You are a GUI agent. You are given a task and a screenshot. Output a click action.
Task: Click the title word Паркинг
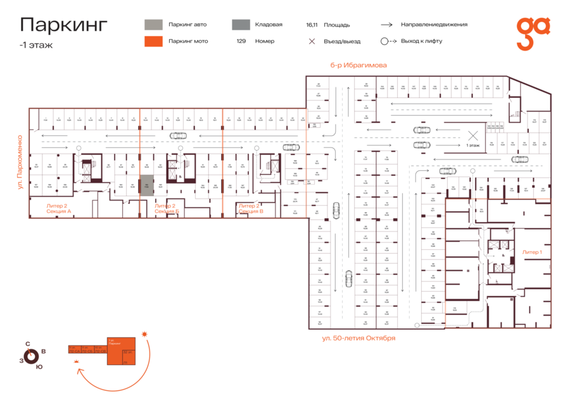[x=63, y=25]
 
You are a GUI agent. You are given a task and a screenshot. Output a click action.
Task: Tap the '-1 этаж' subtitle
[x=35, y=45]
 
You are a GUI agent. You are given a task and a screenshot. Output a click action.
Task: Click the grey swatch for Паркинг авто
[x=153, y=25]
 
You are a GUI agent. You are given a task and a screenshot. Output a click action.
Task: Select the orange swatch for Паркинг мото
[x=153, y=41]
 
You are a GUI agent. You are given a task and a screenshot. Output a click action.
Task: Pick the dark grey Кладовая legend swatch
[x=240, y=25]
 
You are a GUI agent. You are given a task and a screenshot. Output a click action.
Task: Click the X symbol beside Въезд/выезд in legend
[x=311, y=42]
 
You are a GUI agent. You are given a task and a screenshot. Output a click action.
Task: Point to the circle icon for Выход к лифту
[x=384, y=41]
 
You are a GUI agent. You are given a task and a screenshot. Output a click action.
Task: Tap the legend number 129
[x=241, y=41]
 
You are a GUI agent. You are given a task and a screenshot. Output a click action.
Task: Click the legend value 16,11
[x=311, y=25]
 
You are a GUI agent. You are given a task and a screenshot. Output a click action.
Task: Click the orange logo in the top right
[x=532, y=33]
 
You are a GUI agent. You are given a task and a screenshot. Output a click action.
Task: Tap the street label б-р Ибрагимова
[x=358, y=65]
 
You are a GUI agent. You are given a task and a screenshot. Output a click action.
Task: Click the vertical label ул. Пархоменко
[x=20, y=162]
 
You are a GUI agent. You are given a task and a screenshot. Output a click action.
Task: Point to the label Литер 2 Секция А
[x=58, y=208]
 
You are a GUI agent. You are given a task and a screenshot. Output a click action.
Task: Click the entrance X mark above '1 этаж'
[x=472, y=134]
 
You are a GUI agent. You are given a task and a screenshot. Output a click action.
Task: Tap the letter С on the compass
[x=27, y=344]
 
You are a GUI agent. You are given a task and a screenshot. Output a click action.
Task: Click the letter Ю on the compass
[x=39, y=367]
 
